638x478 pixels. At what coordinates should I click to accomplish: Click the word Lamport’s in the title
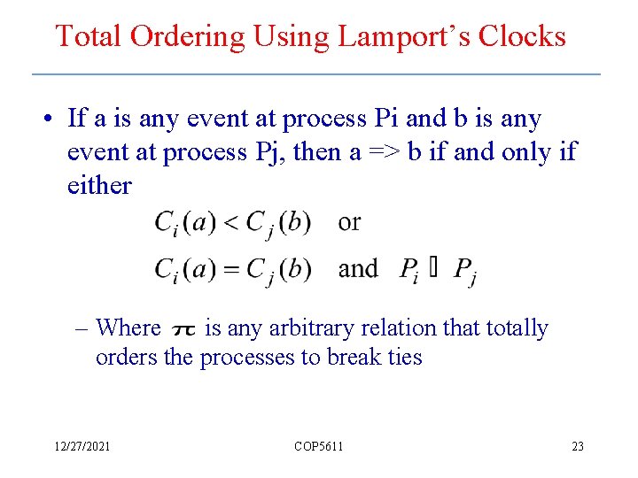pyautogui.click(x=408, y=36)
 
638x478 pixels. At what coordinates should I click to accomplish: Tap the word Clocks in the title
pyautogui.click(x=522, y=36)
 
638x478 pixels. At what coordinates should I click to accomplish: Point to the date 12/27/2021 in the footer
pyautogui.click(x=81, y=446)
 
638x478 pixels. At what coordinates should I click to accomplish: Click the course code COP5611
pyautogui.click(x=318, y=446)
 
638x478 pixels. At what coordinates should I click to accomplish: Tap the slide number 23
pyautogui.click(x=577, y=446)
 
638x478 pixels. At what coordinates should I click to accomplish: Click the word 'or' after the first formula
pyautogui.click(x=349, y=222)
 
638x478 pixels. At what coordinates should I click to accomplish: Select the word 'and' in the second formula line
pyautogui.click(x=358, y=268)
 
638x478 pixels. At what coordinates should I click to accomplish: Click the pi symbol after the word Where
pyautogui.click(x=183, y=330)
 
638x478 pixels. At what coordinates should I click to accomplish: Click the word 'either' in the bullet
pyautogui.click(x=99, y=186)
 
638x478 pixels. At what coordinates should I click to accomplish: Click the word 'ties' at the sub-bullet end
pyautogui.click(x=405, y=357)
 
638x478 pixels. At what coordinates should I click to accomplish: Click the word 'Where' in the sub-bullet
pyautogui.click(x=128, y=328)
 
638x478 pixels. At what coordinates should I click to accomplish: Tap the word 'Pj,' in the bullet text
pyautogui.click(x=268, y=152)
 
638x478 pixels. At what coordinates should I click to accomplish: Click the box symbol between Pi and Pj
pyautogui.click(x=433, y=268)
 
